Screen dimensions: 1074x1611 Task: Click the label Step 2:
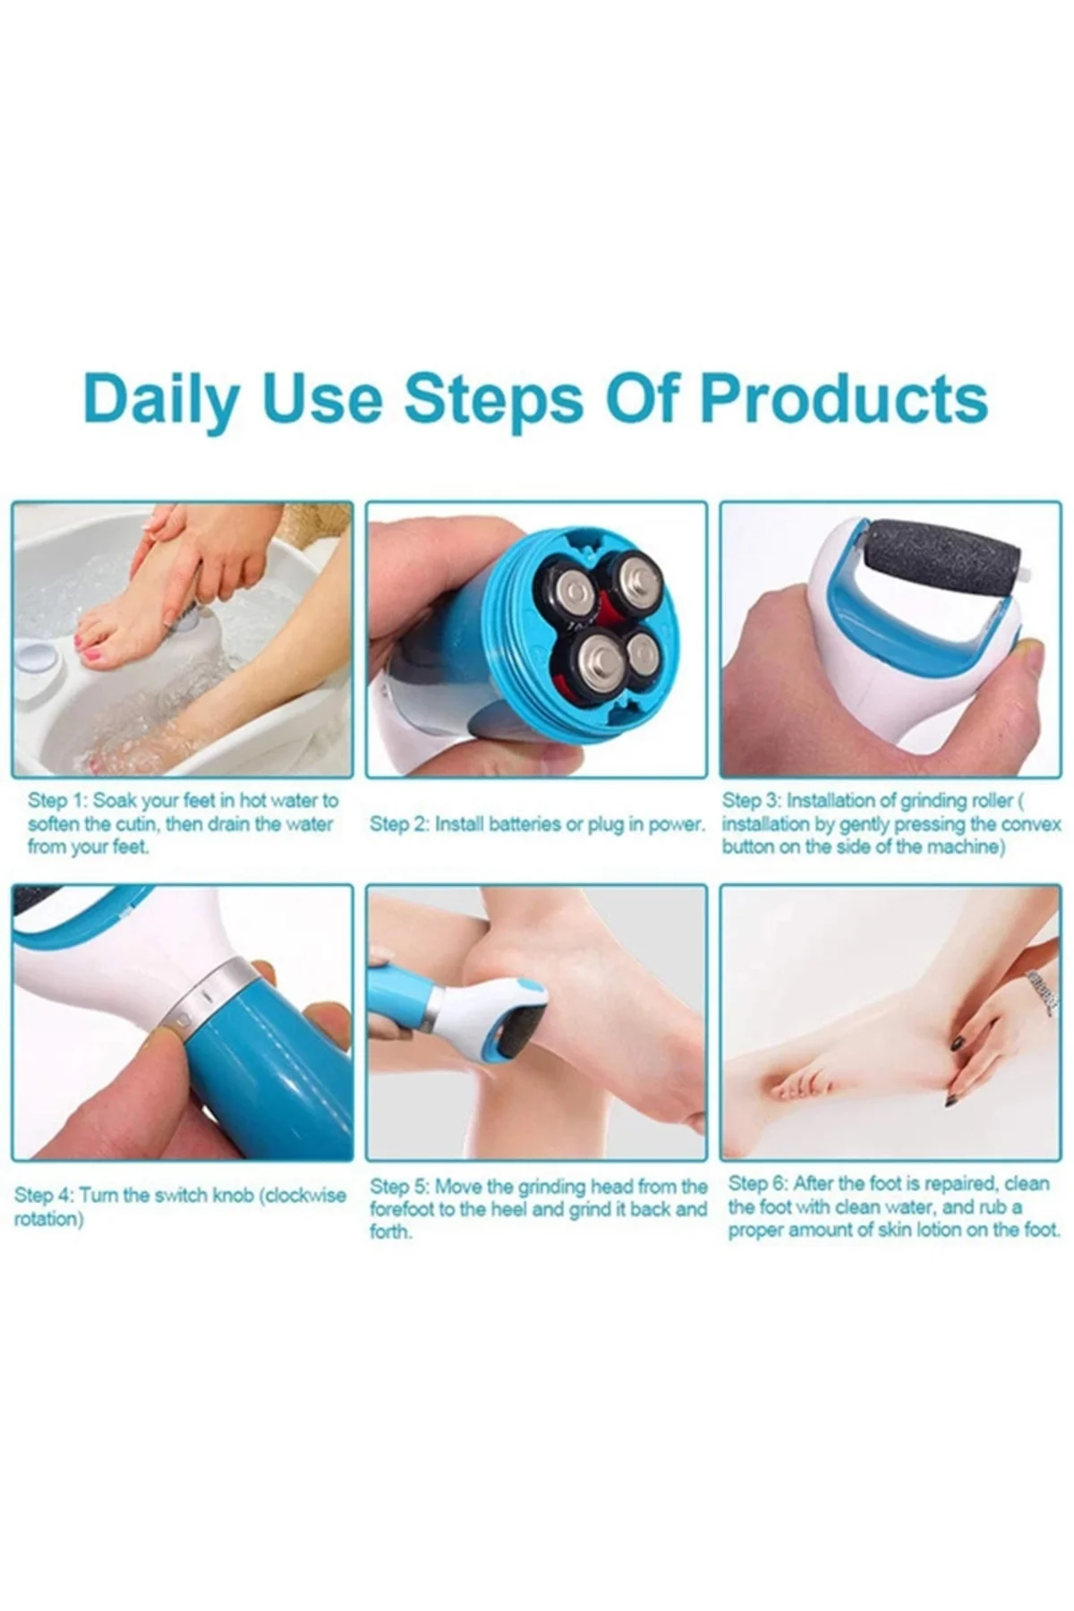click(x=399, y=824)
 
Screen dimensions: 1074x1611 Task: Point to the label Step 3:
click(x=752, y=800)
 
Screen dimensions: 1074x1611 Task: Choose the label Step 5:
click(x=400, y=1187)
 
